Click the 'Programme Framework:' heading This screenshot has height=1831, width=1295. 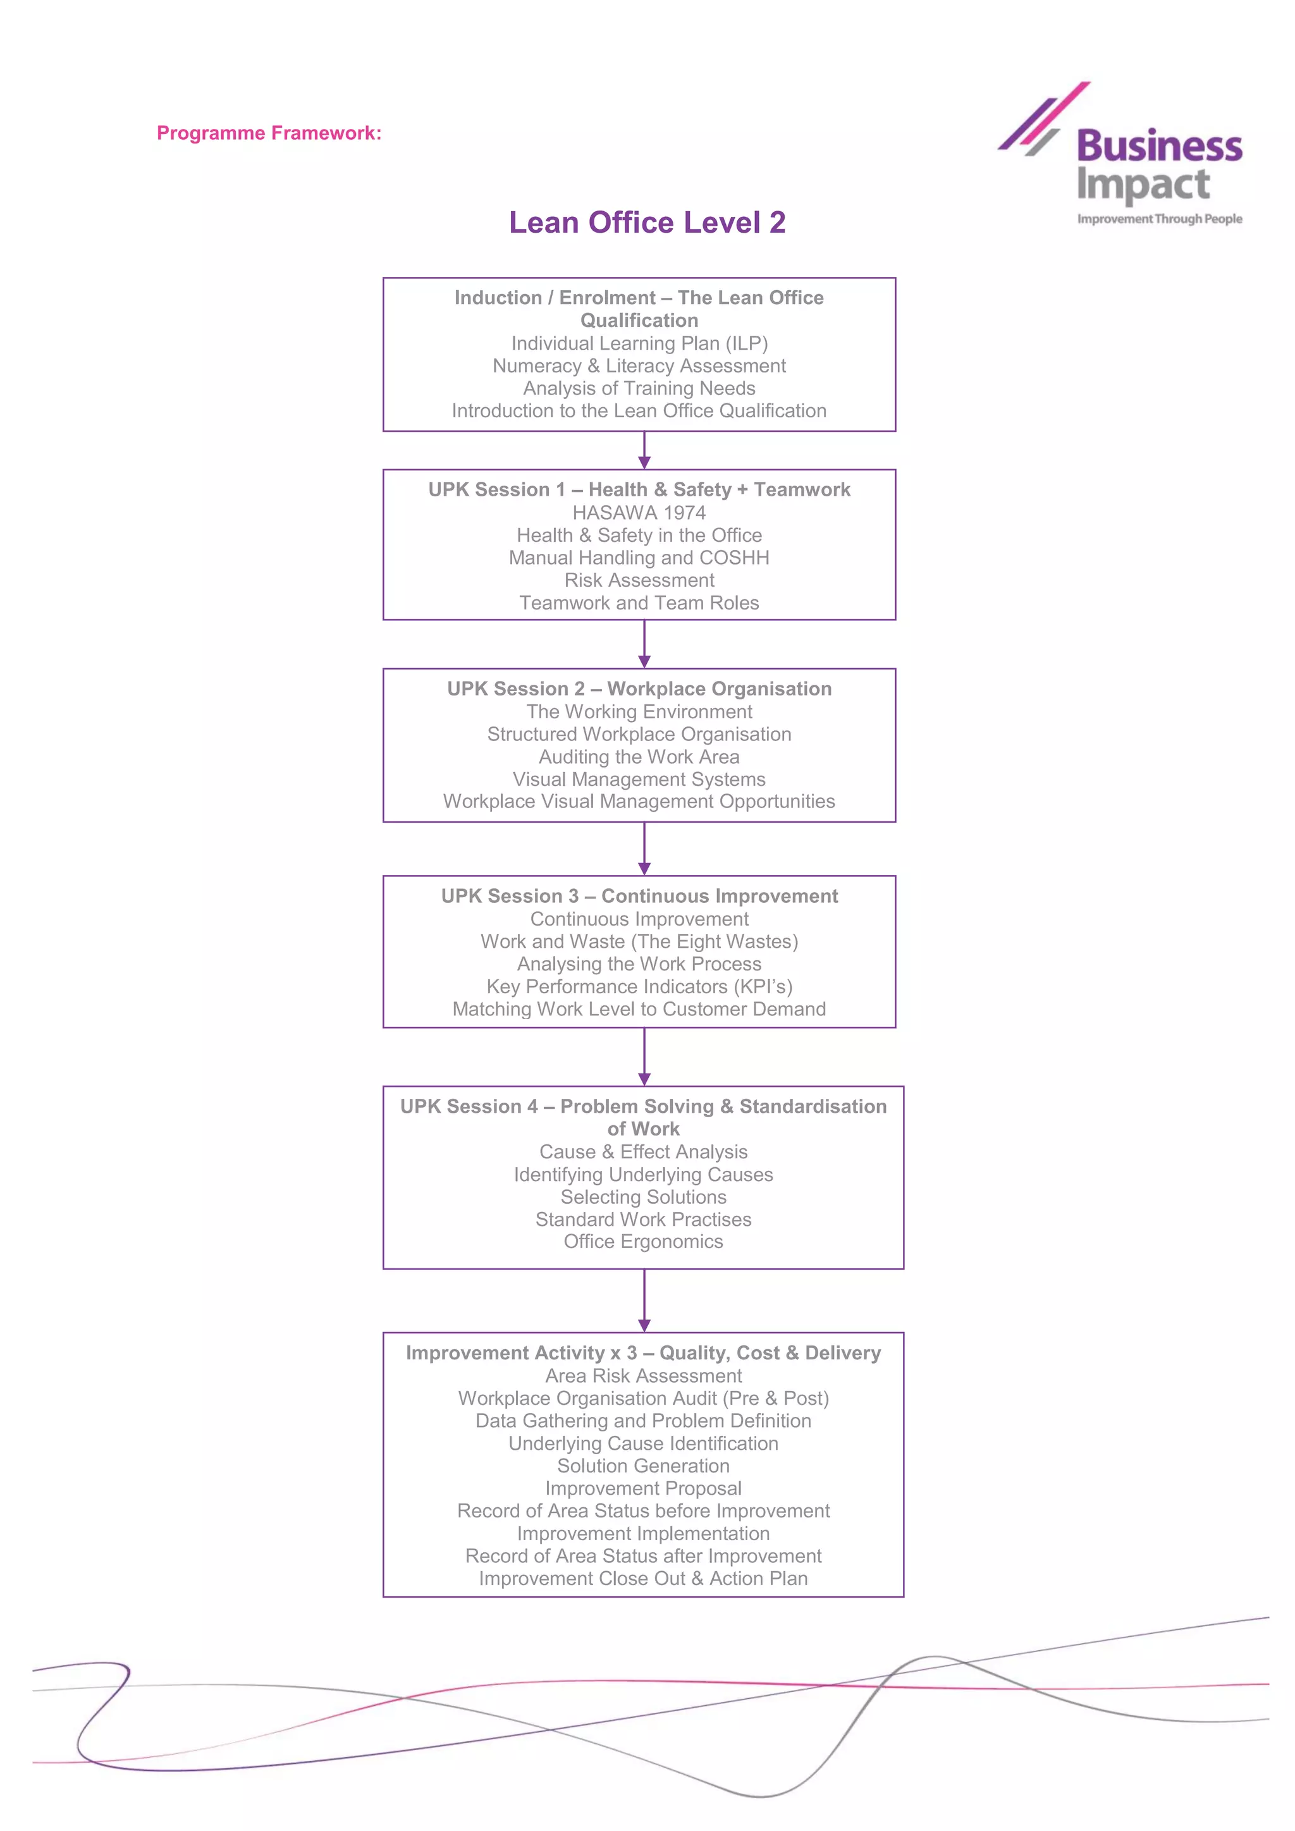tap(269, 133)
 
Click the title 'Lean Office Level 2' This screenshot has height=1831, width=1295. tap(647, 223)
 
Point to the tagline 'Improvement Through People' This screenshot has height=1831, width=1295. tap(1160, 219)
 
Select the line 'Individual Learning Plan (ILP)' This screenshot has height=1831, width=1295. tap(639, 344)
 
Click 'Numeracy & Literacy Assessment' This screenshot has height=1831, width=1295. tap(639, 366)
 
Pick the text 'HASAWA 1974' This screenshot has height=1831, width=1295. tap(639, 513)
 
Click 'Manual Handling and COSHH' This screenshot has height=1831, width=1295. tap(639, 558)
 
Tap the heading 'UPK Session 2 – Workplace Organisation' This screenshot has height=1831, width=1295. tap(639, 689)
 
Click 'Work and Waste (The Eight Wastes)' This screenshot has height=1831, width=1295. tap(639, 942)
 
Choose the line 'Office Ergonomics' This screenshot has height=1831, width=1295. tap(644, 1242)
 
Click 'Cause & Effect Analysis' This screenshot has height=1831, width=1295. tap(644, 1153)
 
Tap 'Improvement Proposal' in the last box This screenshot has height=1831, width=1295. tap(644, 1489)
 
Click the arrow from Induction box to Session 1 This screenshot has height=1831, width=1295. tap(644, 451)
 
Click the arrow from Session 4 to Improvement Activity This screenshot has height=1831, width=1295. tap(644, 1300)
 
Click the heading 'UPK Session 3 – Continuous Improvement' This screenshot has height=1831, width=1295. tap(639, 897)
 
